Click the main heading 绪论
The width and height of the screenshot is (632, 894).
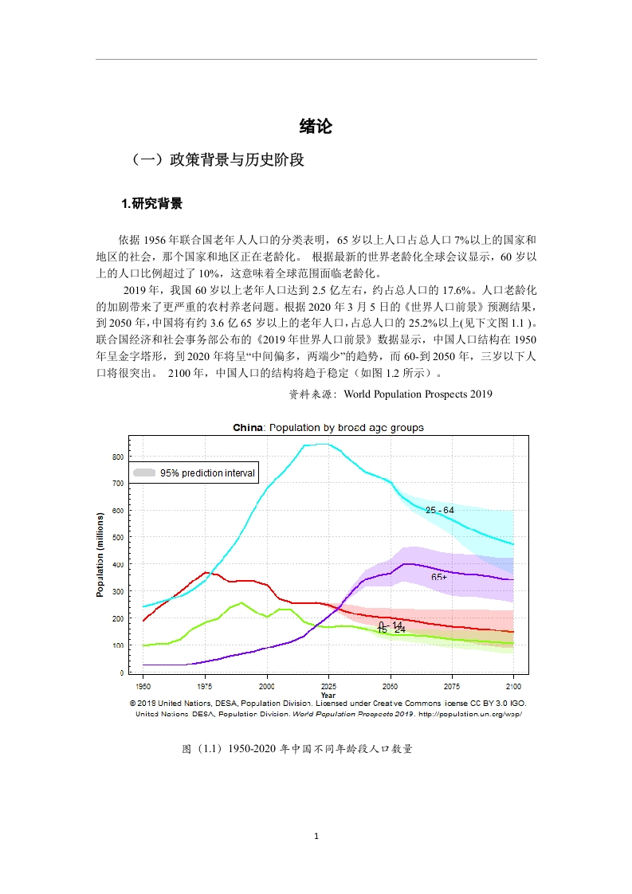(x=316, y=126)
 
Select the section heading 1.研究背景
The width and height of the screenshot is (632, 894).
(x=151, y=203)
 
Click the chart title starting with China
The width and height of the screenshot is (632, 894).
(x=328, y=428)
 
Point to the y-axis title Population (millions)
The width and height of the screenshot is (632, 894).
(x=100, y=555)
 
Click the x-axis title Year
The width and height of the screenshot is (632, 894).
(x=328, y=695)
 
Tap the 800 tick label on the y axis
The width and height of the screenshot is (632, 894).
(x=118, y=457)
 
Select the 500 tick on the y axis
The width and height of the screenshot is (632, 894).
(x=118, y=537)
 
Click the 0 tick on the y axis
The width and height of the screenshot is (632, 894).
(x=121, y=672)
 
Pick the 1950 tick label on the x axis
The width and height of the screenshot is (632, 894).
(x=143, y=687)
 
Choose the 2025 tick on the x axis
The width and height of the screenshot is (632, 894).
(x=328, y=687)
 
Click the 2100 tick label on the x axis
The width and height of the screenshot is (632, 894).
(x=513, y=687)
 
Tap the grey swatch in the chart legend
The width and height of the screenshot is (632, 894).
(x=144, y=472)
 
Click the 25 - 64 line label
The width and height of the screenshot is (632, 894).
(x=440, y=510)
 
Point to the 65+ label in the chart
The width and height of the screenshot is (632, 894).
(x=439, y=577)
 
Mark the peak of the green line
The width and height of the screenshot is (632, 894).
(x=241, y=602)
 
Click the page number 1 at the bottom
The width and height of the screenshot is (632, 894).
(x=316, y=837)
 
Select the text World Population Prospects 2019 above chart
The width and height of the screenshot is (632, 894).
(x=418, y=394)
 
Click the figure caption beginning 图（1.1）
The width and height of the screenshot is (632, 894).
(x=297, y=749)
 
